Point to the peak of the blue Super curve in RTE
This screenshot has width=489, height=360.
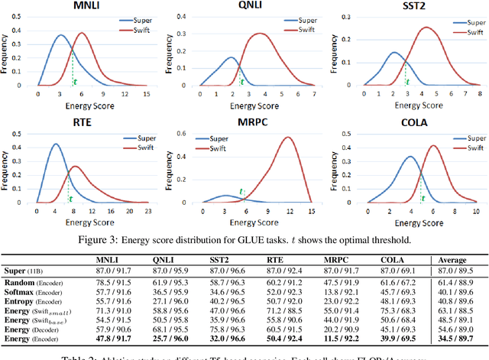(54, 144)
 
